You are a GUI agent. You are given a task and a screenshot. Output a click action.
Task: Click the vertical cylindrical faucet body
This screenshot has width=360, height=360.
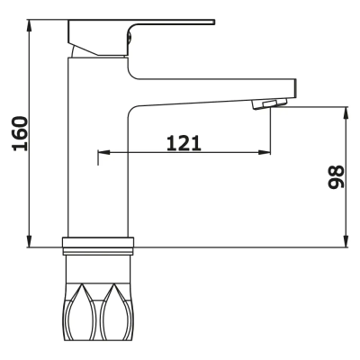click(x=99, y=162)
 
